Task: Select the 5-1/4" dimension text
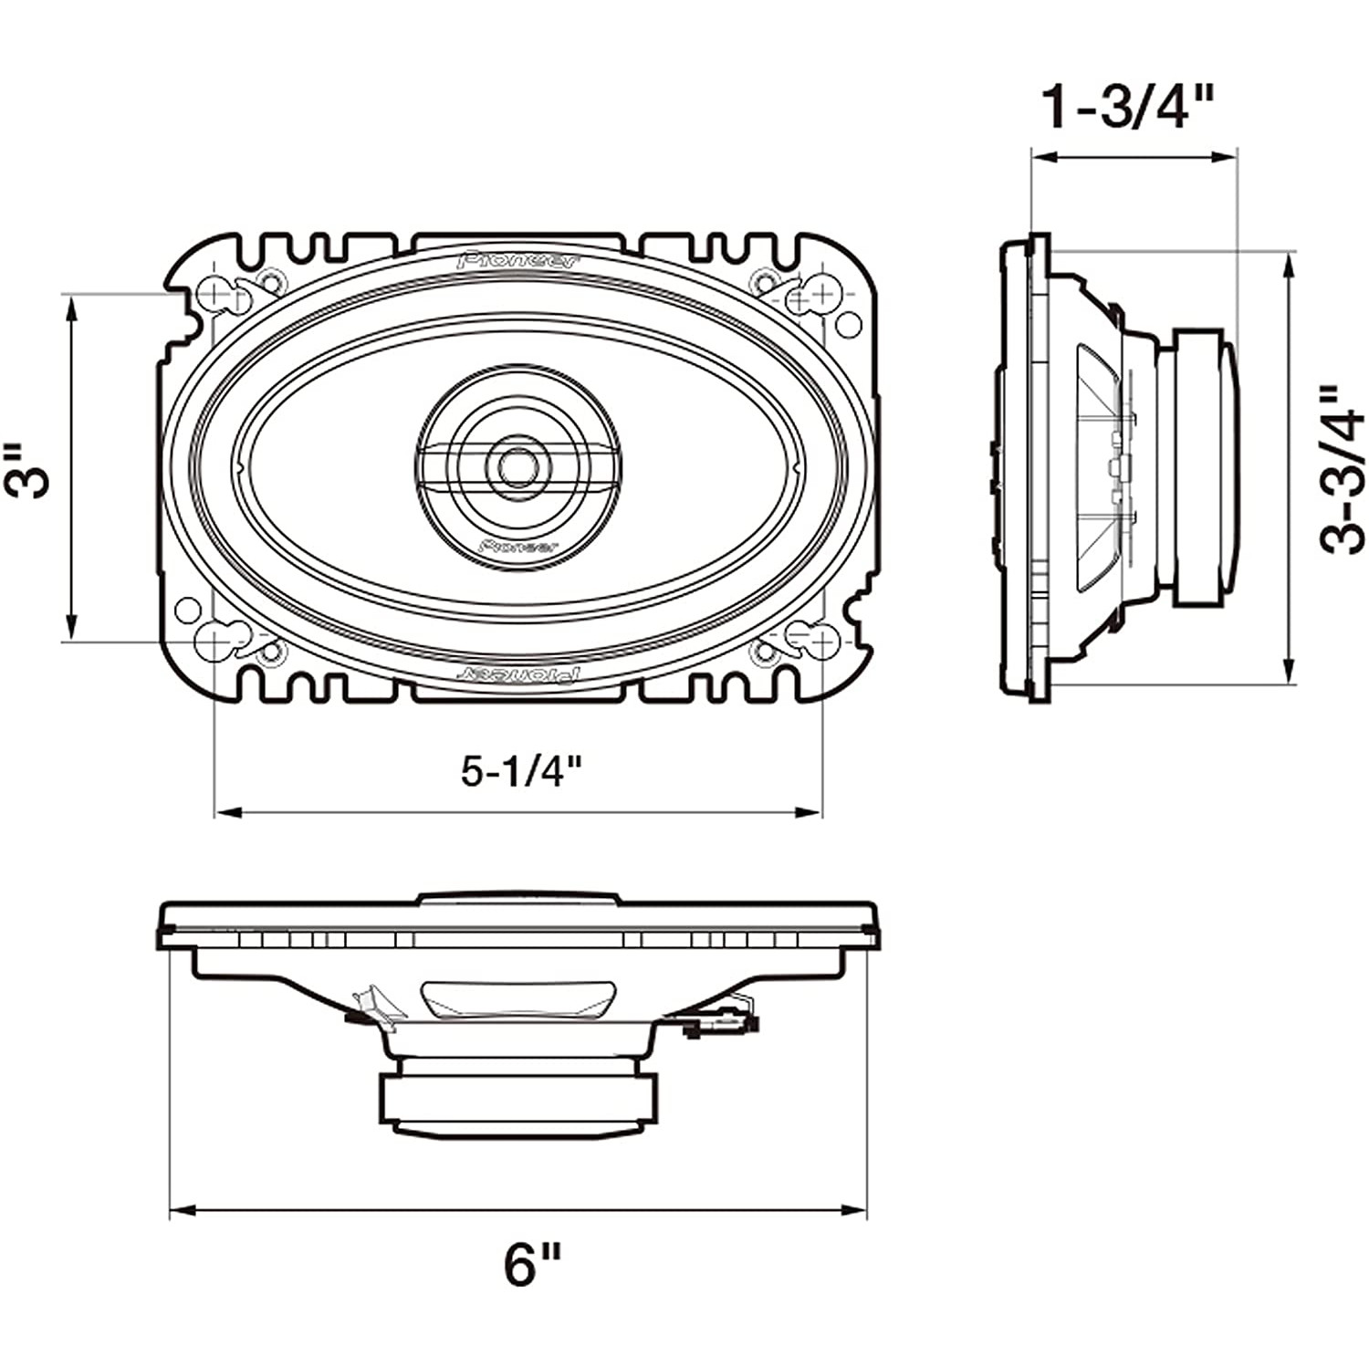pos(520,772)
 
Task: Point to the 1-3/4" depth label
pos(1127,108)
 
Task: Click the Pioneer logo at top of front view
pos(517,260)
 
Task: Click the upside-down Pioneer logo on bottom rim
pos(517,674)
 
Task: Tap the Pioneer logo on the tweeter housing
pos(517,546)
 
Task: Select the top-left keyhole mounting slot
pos(219,294)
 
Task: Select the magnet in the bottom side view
pos(517,1102)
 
